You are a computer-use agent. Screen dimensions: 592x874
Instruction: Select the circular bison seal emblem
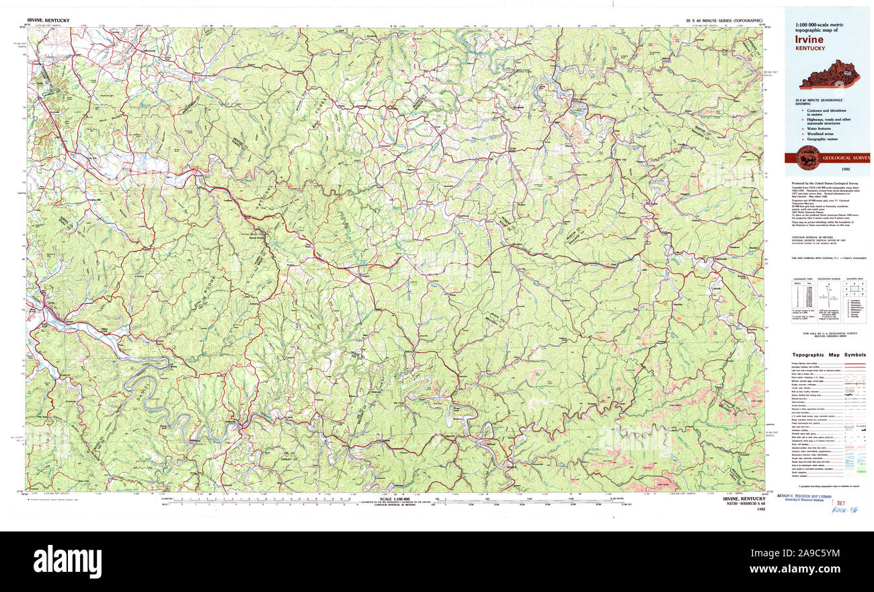pos(807,158)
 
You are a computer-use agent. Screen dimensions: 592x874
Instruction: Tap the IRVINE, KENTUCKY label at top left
pos(48,22)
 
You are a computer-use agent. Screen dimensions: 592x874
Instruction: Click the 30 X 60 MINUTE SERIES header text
pos(723,22)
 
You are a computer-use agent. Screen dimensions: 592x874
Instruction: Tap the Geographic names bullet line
pos(823,139)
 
